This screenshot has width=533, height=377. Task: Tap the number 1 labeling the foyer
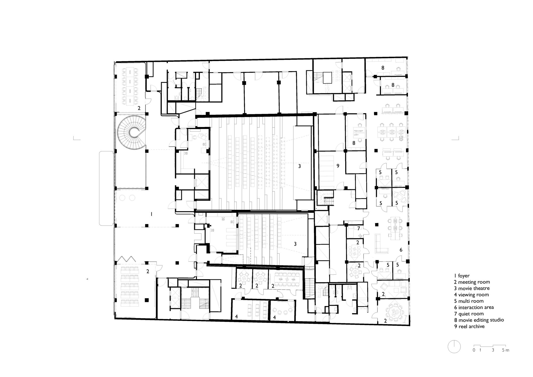tap(151, 214)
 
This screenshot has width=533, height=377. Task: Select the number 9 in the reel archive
tap(338, 166)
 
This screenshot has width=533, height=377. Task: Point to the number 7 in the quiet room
tap(359, 228)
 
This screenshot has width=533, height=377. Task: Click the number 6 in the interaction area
tap(401, 250)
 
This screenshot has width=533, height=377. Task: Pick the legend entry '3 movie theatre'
tap(472, 288)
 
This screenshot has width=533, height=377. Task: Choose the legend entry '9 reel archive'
tap(469, 326)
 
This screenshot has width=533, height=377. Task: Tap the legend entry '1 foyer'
tap(462, 276)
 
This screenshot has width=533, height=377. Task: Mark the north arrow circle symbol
tap(454, 347)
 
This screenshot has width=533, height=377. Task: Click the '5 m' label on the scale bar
tap(506, 350)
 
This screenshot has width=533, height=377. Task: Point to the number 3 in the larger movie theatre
tap(300, 166)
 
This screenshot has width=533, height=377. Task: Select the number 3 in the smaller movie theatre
tap(295, 244)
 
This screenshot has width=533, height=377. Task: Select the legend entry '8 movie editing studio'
tap(479, 320)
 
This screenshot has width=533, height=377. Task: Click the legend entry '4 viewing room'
tap(471, 295)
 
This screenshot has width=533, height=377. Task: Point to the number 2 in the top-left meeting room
tap(139, 108)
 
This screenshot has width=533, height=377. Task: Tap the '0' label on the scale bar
tap(474, 350)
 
